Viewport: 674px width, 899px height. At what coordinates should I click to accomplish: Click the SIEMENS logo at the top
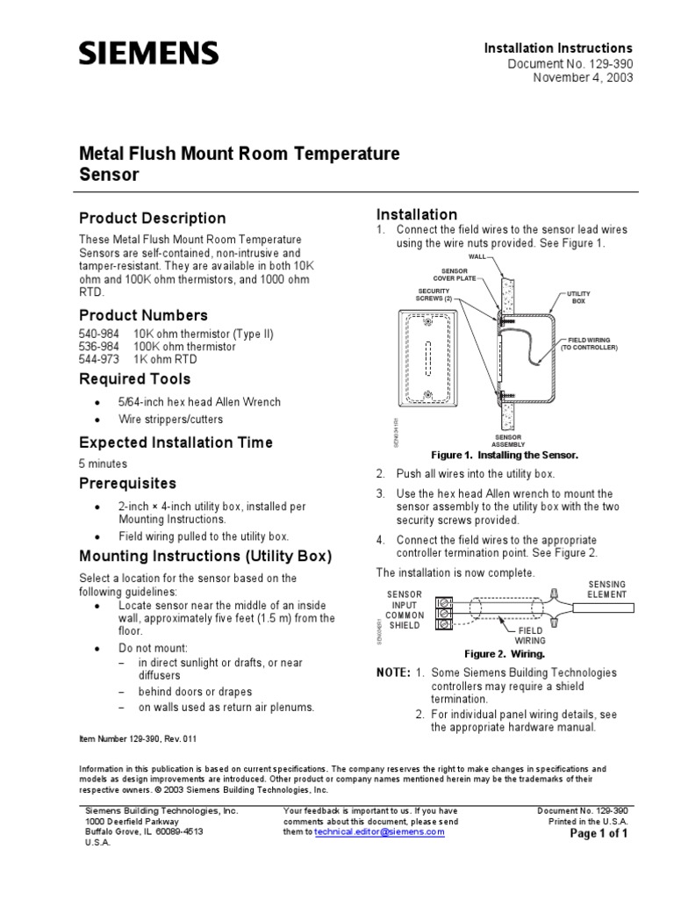(x=149, y=54)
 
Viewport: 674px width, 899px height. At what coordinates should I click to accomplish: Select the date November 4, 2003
(x=583, y=78)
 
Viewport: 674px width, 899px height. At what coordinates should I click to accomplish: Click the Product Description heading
(x=152, y=218)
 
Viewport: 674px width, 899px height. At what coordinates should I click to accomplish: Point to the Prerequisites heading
(x=127, y=484)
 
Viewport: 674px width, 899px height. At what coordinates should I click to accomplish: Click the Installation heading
(x=416, y=214)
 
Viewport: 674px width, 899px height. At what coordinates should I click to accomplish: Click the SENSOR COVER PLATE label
(x=454, y=275)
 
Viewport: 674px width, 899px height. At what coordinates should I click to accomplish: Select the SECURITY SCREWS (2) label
(x=434, y=294)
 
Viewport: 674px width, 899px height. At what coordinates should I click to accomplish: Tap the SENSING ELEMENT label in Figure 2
(x=607, y=590)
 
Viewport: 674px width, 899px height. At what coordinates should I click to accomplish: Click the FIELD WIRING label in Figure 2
(x=529, y=636)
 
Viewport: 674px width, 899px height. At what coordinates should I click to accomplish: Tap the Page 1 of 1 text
(x=599, y=835)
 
